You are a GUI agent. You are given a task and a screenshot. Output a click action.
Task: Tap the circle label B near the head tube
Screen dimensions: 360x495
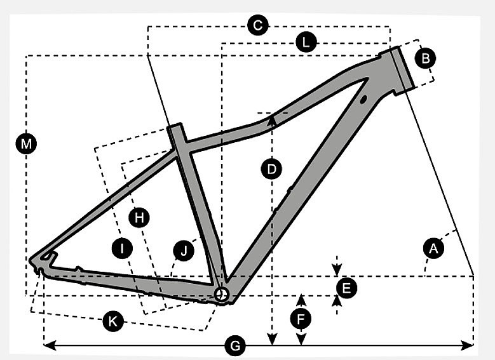[425, 58]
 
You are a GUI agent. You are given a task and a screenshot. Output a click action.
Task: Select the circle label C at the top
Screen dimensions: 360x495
[257, 25]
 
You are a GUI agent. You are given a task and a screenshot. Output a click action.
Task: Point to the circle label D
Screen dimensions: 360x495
[271, 170]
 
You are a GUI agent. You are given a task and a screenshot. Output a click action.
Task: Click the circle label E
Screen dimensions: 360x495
[346, 288]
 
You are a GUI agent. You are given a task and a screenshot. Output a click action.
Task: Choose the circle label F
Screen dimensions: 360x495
[302, 317]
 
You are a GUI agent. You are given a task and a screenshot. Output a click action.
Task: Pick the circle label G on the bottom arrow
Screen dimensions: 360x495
[235, 346]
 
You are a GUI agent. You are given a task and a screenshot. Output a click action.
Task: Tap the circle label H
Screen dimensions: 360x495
[139, 218]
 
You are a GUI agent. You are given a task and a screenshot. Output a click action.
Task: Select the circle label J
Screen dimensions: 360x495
[184, 251]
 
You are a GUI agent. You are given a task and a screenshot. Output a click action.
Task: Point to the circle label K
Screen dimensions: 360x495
[112, 322]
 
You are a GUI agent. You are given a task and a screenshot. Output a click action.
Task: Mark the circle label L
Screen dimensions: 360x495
[306, 43]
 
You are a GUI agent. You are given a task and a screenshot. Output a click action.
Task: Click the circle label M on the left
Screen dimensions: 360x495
[26, 144]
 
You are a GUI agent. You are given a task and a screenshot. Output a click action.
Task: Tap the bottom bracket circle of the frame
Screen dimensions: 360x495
[221, 294]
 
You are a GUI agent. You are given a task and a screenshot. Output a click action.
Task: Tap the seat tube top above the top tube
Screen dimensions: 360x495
[176, 132]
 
